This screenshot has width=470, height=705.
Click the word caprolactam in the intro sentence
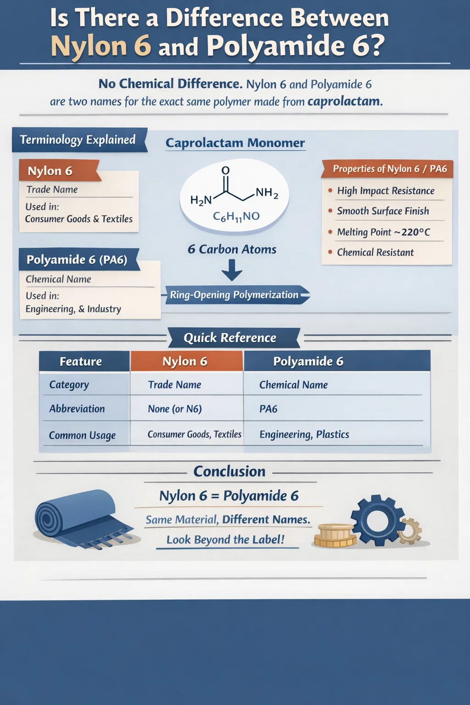click(345, 101)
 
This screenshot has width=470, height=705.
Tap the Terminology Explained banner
click(78, 140)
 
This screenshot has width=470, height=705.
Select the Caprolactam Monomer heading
click(235, 143)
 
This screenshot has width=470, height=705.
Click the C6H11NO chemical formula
click(236, 216)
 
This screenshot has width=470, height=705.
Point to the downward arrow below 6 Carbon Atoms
click(232, 270)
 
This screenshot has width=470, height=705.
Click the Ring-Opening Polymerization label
click(235, 295)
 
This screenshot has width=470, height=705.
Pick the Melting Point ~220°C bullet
click(383, 232)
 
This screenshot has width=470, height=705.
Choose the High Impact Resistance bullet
click(386, 190)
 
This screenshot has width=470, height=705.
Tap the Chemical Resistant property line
click(375, 252)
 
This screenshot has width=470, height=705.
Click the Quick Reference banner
click(230, 338)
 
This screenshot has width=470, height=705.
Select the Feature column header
click(81, 361)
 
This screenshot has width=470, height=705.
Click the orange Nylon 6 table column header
click(185, 361)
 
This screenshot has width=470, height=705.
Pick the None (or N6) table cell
click(175, 408)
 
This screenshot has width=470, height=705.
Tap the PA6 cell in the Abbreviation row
click(269, 408)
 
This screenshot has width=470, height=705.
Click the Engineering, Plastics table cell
click(304, 434)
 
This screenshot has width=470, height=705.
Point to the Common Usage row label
click(82, 435)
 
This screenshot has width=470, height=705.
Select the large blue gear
click(377, 520)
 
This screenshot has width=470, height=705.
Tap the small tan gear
click(410, 531)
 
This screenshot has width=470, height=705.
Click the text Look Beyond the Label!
click(225, 539)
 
